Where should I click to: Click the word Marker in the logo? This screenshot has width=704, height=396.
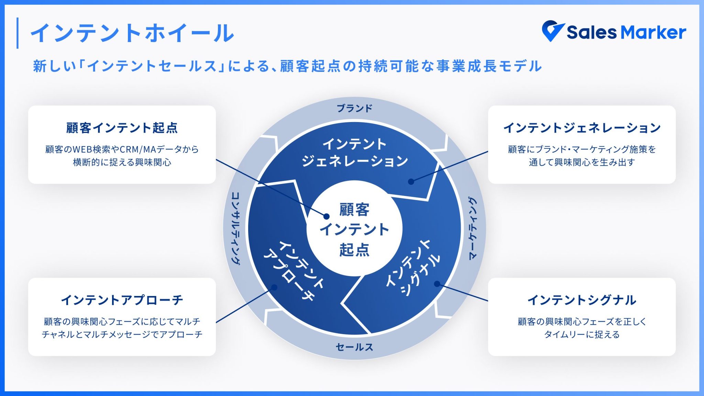point(653,33)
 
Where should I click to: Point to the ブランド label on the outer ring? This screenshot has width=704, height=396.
point(354,109)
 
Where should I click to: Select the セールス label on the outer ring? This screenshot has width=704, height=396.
point(354,347)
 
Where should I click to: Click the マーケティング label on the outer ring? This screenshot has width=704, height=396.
point(473,228)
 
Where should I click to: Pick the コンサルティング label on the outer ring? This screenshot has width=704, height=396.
point(236,228)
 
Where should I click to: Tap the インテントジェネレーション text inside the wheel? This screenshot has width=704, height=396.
point(354,152)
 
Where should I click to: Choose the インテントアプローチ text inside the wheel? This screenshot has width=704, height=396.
point(294,270)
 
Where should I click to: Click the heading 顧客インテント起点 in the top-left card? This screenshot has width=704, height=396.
point(122,128)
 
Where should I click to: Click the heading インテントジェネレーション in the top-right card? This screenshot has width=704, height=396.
point(582,128)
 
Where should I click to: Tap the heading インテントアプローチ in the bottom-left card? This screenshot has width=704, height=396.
point(122,300)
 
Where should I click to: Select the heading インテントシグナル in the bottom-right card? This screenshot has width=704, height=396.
point(582,300)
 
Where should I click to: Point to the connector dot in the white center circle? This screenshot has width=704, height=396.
point(327,216)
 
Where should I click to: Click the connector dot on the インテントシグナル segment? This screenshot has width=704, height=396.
point(437,284)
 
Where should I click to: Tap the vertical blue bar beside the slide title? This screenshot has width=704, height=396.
point(18,33)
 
